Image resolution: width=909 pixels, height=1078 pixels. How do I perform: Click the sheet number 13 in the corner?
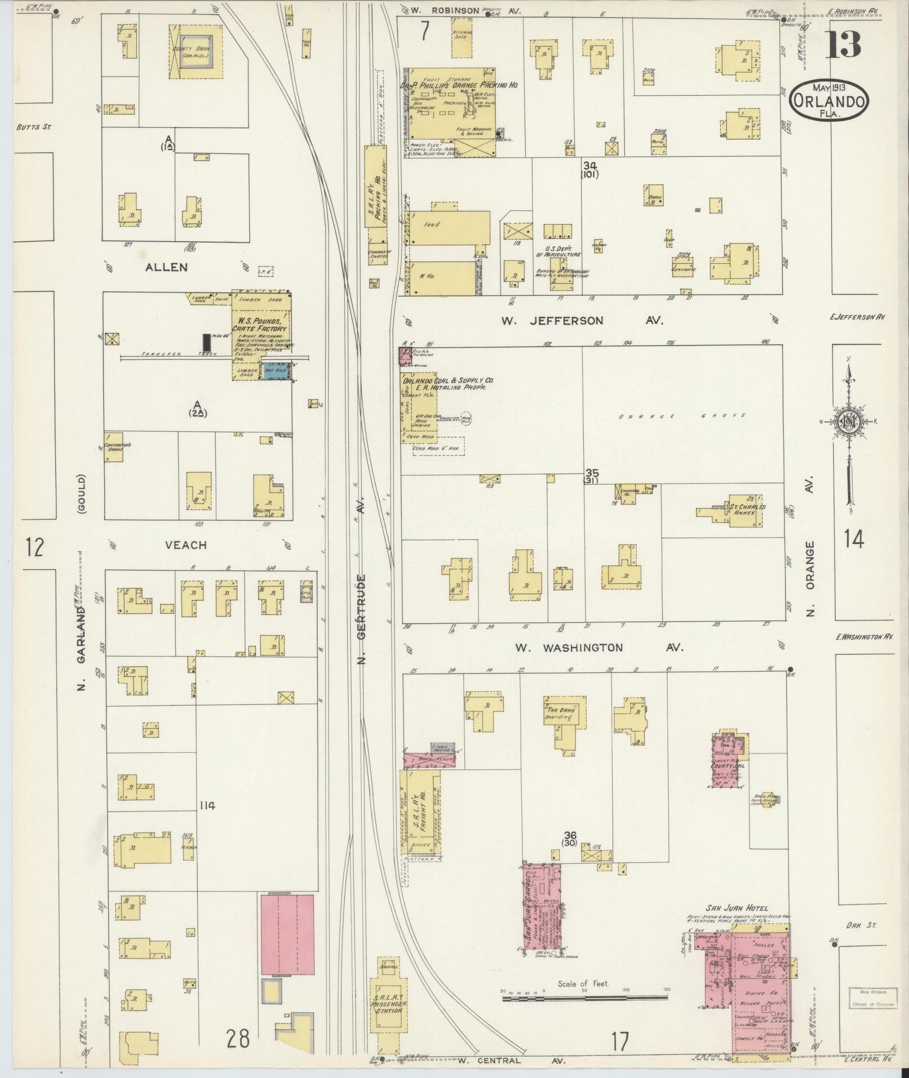pos(844,45)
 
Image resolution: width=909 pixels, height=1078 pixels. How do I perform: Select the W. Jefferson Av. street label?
pos(582,321)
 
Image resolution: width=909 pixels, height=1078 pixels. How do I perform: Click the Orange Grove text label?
pos(682,415)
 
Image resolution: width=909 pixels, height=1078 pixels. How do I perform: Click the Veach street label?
pos(186,545)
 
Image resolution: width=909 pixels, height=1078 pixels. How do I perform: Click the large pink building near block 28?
pos(287,942)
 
